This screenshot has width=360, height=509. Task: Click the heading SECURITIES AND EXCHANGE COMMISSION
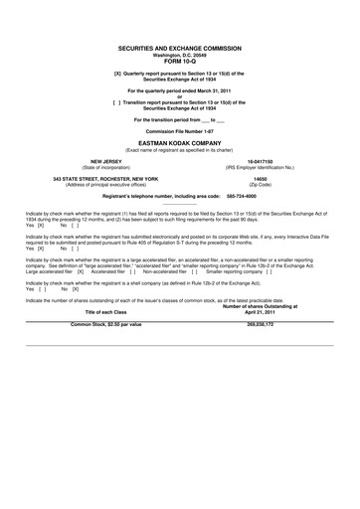pyautogui.click(x=179, y=47)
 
